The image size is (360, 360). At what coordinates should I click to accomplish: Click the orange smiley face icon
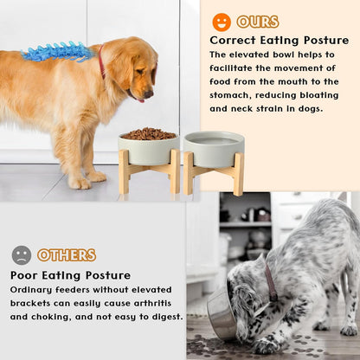click(x=222, y=22)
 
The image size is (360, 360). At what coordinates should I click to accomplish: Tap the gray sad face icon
click(x=22, y=254)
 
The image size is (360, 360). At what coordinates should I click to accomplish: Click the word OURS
click(x=257, y=22)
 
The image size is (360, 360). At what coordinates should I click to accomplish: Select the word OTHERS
click(x=67, y=255)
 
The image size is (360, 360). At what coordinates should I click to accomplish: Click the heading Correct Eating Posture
click(x=279, y=41)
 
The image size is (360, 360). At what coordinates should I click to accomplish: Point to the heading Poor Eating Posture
click(x=70, y=275)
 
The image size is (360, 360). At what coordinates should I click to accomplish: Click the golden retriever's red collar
click(x=101, y=62)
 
